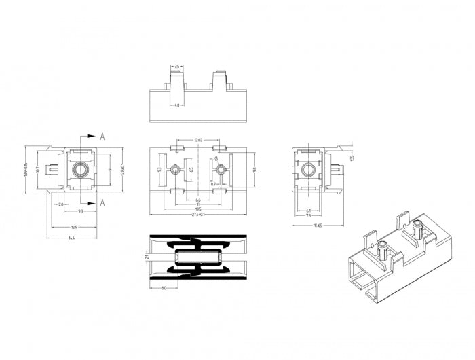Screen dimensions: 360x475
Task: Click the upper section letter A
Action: coord(102,136)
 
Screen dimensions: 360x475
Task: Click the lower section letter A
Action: coord(102,202)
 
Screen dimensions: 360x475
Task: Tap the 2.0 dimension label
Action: coord(60,204)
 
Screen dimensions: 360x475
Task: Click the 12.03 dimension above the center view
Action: coord(198,141)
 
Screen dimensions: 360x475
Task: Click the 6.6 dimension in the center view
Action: coord(198,200)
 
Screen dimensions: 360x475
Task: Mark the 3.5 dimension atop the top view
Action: coord(177,67)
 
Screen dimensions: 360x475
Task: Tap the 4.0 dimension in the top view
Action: coord(177,105)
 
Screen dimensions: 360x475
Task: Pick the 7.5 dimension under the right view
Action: coord(309,215)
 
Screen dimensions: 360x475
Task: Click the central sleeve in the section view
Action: coord(197,258)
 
